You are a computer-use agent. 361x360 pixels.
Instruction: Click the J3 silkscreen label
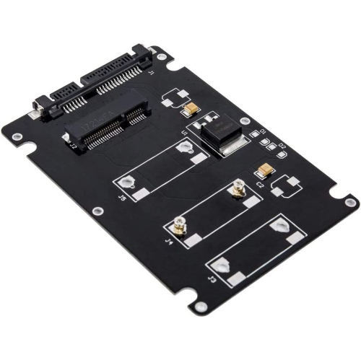coord(211,278)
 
